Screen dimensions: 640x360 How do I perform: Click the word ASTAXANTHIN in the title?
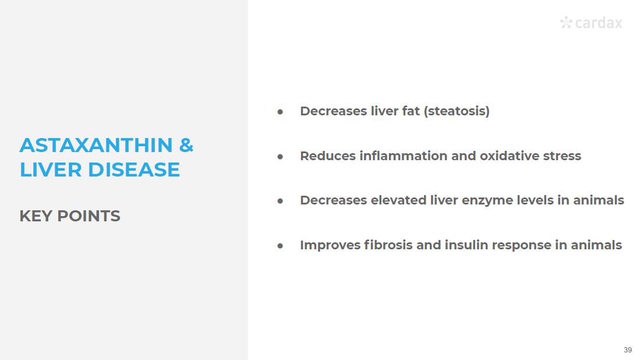[x=96, y=145]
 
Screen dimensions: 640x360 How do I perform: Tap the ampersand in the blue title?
[x=186, y=145]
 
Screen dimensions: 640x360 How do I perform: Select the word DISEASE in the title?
[x=134, y=170]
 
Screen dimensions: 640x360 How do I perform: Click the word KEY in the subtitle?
[x=36, y=216]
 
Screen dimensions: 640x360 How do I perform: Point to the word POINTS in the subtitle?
[x=89, y=216]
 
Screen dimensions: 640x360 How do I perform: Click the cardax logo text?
[x=599, y=23]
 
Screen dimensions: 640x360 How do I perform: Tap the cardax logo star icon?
[x=566, y=22]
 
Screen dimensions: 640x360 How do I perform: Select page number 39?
[x=628, y=350]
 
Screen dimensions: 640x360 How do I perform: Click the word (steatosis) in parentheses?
[x=457, y=111]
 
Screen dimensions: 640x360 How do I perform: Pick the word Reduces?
[x=328, y=156]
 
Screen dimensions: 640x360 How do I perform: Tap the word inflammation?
[x=404, y=156]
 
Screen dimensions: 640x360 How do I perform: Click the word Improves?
[x=330, y=245]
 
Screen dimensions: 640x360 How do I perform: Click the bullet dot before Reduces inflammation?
[x=280, y=156]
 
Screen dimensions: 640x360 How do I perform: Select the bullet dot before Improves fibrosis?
[x=280, y=246]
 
